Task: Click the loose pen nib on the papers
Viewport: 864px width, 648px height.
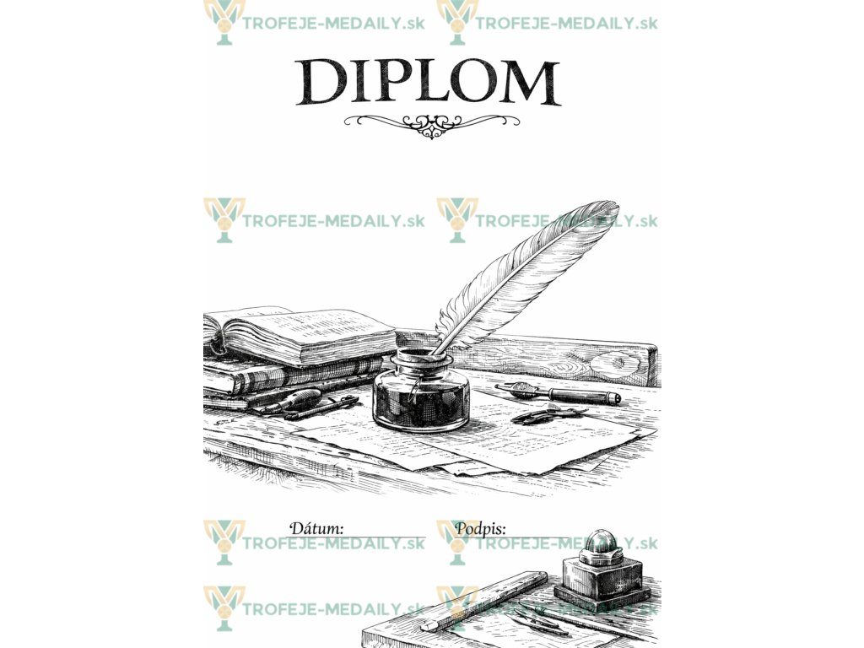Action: pyautogui.click(x=548, y=415)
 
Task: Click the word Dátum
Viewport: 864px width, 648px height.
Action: pyautogui.click(x=316, y=529)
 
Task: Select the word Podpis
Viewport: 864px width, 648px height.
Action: pyautogui.click(x=480, y=529)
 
